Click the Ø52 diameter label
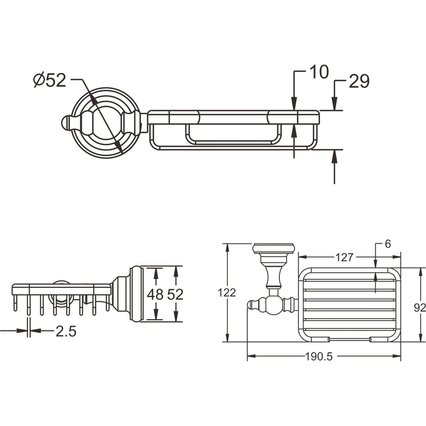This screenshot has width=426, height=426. click(x=50, y=80)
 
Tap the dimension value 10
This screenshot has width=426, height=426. click(x=319, y=72)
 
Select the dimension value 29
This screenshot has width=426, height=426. click(x=359, y=81)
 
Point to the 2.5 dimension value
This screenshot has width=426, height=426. click(x=66, y=331)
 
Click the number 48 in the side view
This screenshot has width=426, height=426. click(x=155, y=294)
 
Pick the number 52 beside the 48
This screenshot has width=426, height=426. click(x=175, y=294)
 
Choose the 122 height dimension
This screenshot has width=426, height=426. click(x=227, y=293)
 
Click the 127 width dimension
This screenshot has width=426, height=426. click(x=344, y=257)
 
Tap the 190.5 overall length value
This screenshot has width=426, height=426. click(x=319, y=357)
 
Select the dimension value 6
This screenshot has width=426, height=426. click(x=388, y=244)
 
